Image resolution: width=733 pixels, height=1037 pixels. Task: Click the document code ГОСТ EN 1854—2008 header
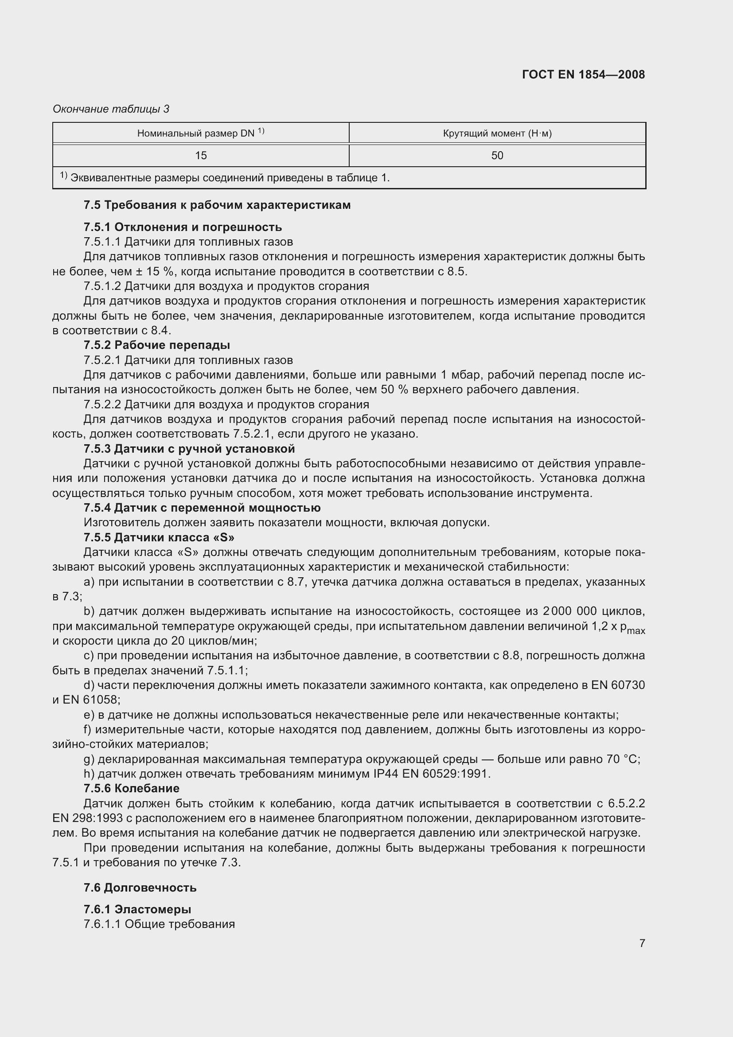(x=583, y=74)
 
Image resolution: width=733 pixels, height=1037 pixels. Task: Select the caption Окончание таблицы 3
(x=111, y=109)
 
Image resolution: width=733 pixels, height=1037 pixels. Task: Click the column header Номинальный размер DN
(x=200, y=133)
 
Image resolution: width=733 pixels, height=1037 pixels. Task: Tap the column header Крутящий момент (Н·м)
(x=497, y=133)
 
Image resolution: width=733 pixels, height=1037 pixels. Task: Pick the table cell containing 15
(x=201, y=155)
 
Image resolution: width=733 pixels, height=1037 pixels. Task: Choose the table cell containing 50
(x=497, y=155)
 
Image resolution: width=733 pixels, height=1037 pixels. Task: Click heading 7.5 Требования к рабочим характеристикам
(x=217, y=205)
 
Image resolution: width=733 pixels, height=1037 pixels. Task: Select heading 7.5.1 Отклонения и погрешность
(x=183, y=227)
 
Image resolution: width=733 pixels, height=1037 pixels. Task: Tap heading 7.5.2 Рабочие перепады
(x=156, y=345)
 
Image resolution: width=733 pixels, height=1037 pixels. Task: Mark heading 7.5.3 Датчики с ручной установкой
(x=189, y=449)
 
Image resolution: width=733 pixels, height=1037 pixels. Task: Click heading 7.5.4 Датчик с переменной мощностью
(x=202, y=508)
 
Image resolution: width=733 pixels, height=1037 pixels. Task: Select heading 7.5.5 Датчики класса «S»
(x=159, y=537)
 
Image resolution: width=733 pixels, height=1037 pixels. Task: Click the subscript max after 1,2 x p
(x=636, y=630)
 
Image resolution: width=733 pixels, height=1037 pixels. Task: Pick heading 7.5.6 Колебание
(x=131, y=788)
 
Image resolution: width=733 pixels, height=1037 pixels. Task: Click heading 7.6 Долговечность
(x=140, y=888)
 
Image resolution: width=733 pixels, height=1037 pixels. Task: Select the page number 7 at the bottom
(x=642, y=943)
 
